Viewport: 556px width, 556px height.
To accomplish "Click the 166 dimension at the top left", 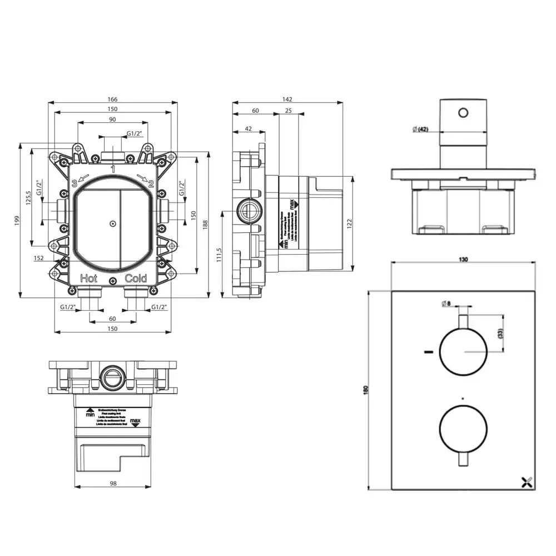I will pyautogui.click(x=113, y=99).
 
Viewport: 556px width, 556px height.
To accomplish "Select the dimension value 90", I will pyautogui.click(x=113, y=119).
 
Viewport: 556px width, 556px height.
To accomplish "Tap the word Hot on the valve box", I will pyautogui.click(x=90, y=279).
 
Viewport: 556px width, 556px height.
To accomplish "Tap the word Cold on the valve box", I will pyautogui.click(x=136, y=279).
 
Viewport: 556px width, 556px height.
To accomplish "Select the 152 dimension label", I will pyautogui.click(x=39, y=258).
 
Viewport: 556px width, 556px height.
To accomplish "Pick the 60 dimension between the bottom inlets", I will pyautogui.click(x=113, y=319).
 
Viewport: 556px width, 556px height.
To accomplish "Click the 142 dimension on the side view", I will pyautogui.click(x=287, y=99).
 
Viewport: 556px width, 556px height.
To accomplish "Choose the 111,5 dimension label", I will pyautogui.click(x=219, y=255).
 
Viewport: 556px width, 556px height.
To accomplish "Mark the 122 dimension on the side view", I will pyautogui.click(x=349, y=222).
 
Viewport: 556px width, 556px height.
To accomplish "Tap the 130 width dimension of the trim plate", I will pyautogui.click(x=464, y=259).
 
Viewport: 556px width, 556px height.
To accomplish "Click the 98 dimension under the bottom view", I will pyautogui.click(x=113, y=483).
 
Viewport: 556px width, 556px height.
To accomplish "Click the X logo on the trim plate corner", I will pyautogui.click(x=527, y=482).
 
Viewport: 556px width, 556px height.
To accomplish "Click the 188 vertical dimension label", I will pyautogui.click(x=205, y=224).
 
